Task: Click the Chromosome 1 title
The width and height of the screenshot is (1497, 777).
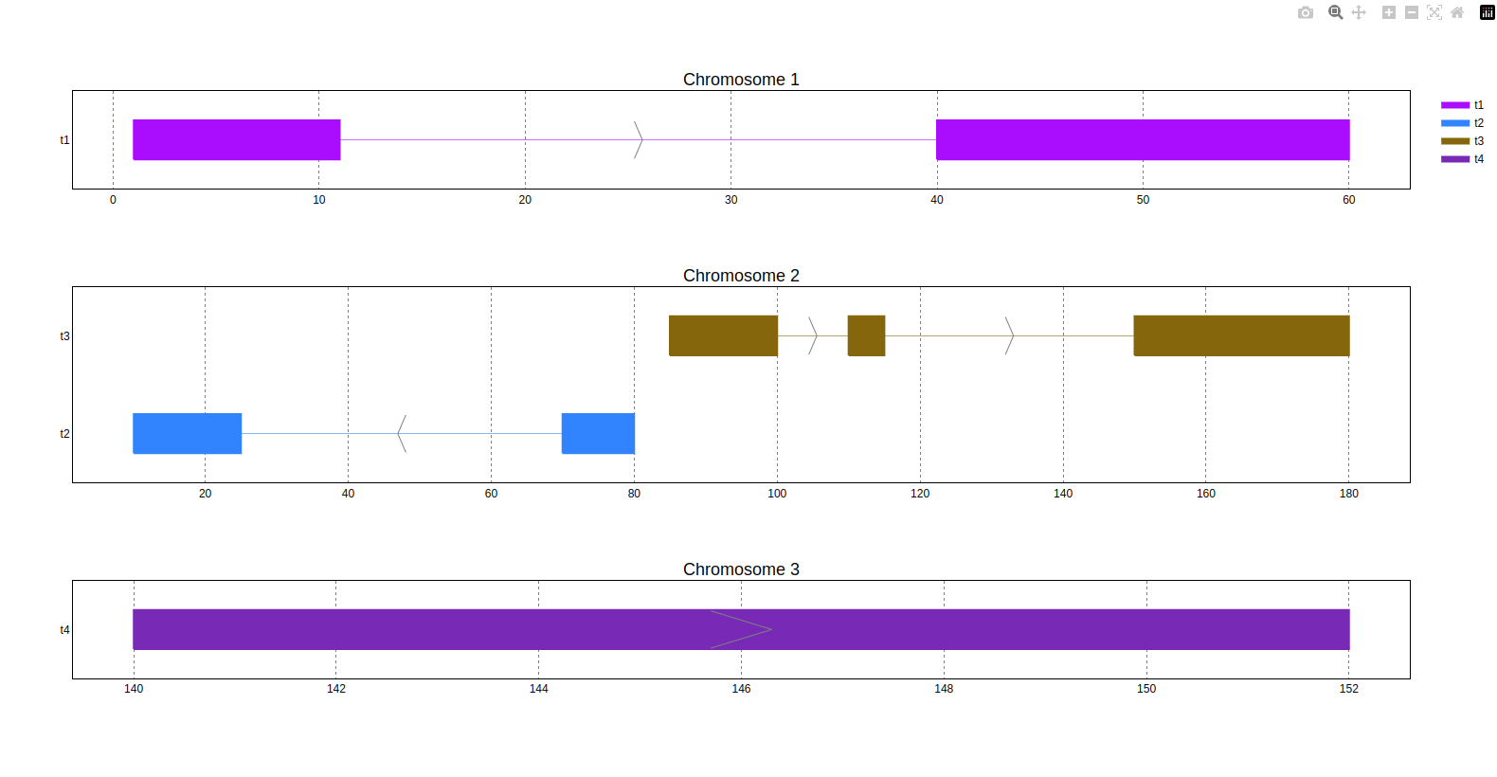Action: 741,80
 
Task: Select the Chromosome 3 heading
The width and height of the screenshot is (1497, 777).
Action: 741,569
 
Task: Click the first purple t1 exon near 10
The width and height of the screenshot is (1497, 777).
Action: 236,139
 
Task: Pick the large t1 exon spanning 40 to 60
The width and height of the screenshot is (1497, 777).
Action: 1142,139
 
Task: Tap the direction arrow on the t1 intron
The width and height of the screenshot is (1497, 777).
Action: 639,139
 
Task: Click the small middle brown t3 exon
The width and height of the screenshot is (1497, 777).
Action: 866,335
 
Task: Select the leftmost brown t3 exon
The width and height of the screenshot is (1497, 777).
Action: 723,335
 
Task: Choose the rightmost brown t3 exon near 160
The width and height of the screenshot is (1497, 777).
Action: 1241,335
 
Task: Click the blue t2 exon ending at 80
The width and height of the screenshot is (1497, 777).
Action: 598,433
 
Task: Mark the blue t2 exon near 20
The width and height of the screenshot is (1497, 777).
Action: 187,433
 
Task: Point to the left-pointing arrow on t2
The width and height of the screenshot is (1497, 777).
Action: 402,433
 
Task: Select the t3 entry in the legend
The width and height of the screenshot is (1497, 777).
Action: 1463,141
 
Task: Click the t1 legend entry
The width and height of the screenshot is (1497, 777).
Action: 1463,105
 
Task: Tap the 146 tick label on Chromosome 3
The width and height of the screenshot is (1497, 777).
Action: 741,689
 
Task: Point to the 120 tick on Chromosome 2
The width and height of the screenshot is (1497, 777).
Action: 920,494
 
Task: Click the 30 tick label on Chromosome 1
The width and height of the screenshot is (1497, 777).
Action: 730,200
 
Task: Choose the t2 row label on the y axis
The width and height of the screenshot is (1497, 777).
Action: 64,434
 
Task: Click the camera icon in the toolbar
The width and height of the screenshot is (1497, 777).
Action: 1306,12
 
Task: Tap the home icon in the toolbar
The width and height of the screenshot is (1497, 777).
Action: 1457,12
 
